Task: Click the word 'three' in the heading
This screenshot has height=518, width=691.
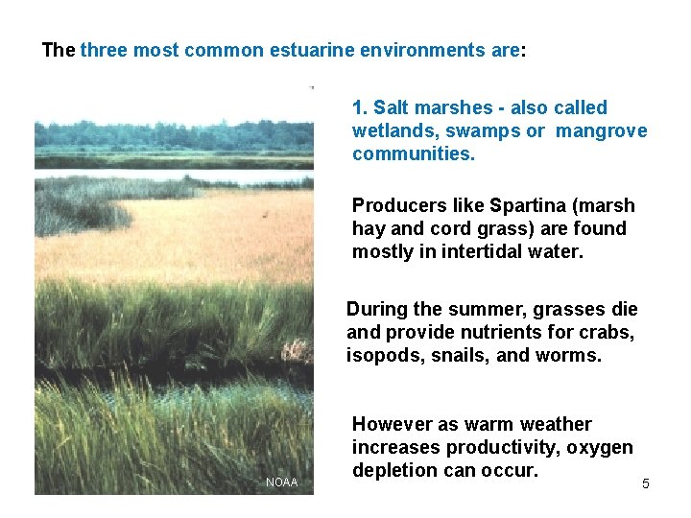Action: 105,50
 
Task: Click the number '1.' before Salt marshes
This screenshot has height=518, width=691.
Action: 361,107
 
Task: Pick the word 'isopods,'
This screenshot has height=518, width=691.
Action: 385,355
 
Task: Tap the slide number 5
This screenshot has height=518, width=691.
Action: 645,483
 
